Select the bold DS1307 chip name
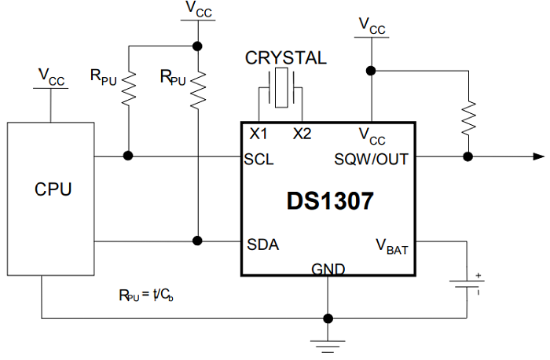tap(330, 201)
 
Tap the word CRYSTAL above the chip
tap(286, 58)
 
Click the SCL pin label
tap(259, 159)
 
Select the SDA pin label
tap(262, 244)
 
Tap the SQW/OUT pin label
tap(372, 159)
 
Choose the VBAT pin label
tap(391, 245)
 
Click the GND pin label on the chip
tap(328, 269)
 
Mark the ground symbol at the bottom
tap(327, 343)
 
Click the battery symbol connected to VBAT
tap(467, 284)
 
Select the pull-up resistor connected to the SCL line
tap(129, 87)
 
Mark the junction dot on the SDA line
tap(199, 241)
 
